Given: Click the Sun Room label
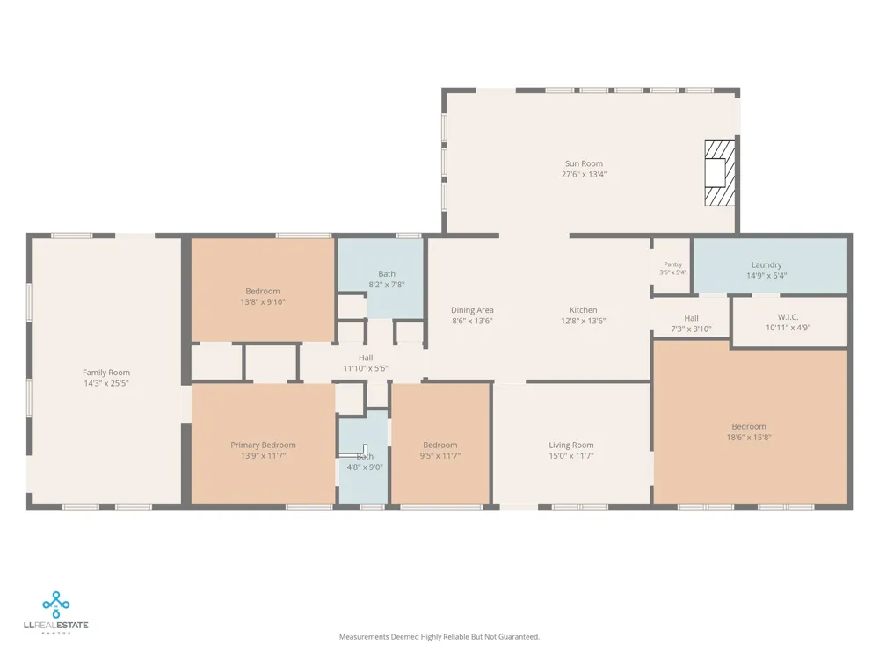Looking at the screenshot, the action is [x=584, y=163].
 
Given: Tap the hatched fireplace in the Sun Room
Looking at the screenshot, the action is [x=720, y=172].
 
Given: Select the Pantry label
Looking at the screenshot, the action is [x=672, y=264].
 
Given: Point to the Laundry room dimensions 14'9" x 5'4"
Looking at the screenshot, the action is [x=766, y=276].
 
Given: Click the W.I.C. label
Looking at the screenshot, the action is [x=788, y=317].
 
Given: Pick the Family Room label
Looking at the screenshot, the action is [x=106, y=373].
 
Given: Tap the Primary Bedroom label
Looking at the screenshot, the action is [x=263, y=445].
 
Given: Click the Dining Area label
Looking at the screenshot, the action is [x=472, y=310].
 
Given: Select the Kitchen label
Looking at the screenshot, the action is [x=583, y=310].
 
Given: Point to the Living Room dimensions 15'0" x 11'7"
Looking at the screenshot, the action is [x=570, y=455].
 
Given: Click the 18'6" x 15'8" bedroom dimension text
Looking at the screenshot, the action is [x=748, y=437].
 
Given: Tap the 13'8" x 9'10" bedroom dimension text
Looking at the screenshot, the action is [x=262, y=302].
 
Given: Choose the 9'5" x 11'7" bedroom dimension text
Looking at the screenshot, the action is [x=440, y=455].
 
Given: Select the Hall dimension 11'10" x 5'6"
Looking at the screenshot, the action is [x=366, y=368].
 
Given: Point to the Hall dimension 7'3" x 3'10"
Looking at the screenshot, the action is [x=691, y=329].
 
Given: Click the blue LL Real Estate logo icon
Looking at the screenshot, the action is [x=56, y=605].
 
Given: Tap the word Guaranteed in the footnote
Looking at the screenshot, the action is [x=519, y=636].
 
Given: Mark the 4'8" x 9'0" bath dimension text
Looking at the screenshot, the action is [x=365, y=467].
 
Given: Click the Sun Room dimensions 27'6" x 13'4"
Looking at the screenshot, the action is [x=584, y=174].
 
